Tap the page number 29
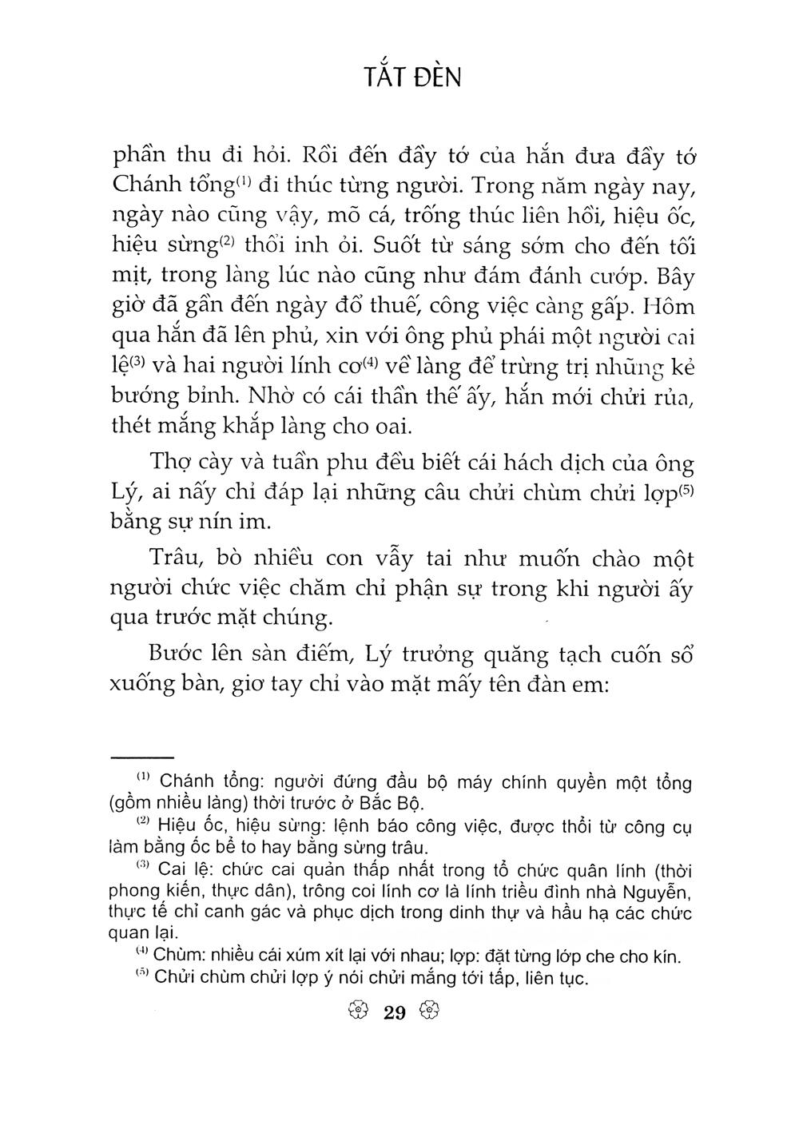395,1013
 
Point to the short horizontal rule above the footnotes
142,756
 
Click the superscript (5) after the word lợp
689,489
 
